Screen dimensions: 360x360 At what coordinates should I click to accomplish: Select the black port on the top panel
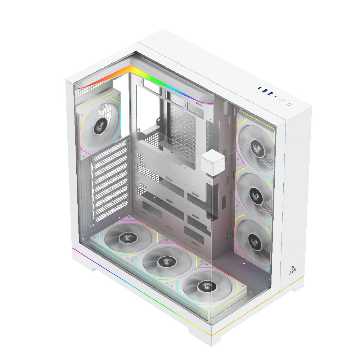click(259, 87)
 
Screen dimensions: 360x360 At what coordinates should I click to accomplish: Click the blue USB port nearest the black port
click(264, 90)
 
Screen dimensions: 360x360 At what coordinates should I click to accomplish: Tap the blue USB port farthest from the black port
click(270, 94)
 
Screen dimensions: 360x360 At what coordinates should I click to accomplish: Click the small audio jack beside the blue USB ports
click(276, 96)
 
